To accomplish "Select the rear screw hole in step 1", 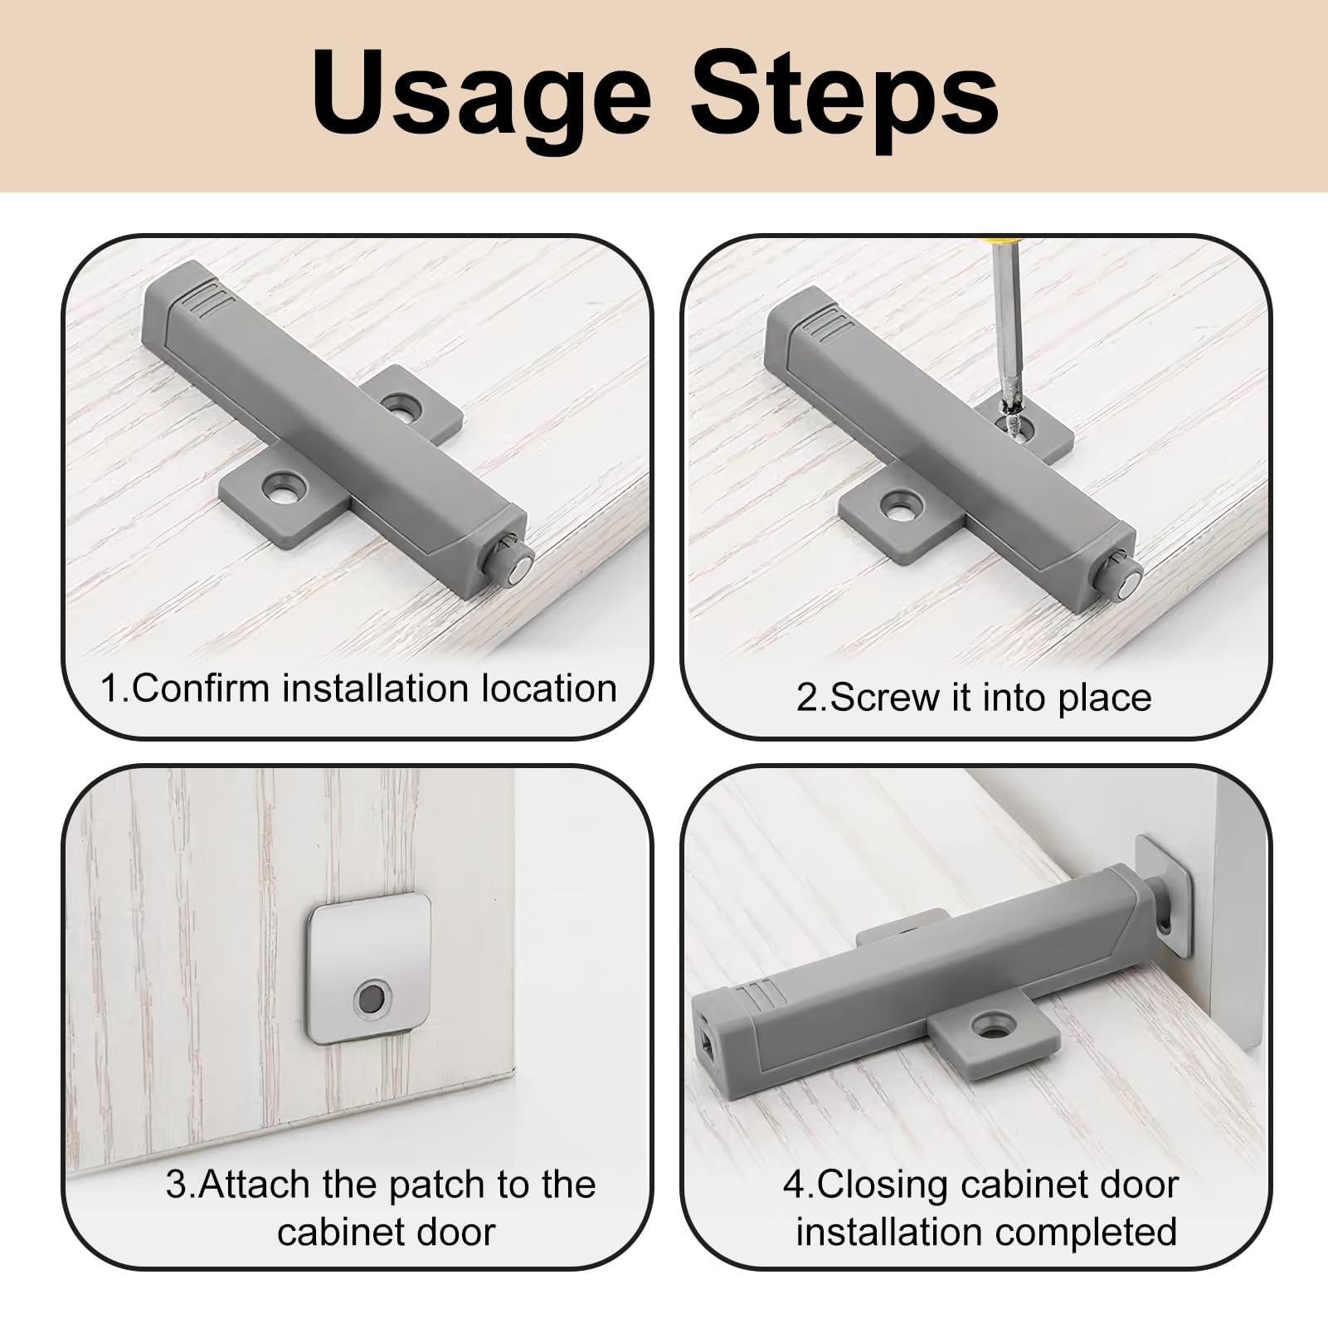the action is [402, 405].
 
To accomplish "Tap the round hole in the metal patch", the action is [370, 996].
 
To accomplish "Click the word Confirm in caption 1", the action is [200, 689].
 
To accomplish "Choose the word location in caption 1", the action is [549, 689].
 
